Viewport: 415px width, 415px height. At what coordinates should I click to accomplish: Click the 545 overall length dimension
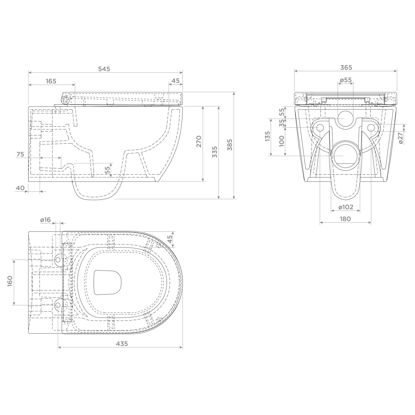pyautogui.click(x=104, y=69)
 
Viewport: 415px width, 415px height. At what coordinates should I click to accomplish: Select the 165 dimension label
pyautogui.click(x=51, y=81)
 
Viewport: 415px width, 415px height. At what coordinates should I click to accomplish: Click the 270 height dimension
pyautogui.click(x=199, y=141)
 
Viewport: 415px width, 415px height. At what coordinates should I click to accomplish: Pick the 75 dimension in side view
pyautogui.click(x=20, y=154)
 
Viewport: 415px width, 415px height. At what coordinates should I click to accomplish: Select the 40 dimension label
pyautogui.click(x=20, y=188)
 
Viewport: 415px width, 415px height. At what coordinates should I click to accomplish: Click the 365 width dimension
pyautogui.click(x=346, y=67)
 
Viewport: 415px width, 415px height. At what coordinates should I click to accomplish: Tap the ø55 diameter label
pyautogui.click(x=346, y=80)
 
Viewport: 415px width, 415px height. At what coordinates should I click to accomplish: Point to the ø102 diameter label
pyautogui.click(x=346, y=207)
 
